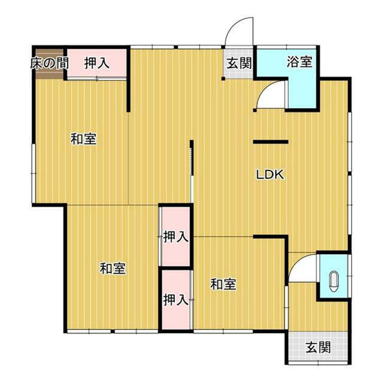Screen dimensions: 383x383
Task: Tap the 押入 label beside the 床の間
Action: [x=96, y=63]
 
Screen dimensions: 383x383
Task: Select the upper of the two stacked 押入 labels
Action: [x=175, y=237]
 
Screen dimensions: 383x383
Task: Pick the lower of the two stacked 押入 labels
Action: [x=175, y=300]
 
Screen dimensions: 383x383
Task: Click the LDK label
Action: [x=270, y=174]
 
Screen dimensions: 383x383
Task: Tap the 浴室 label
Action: [x=300, y=62]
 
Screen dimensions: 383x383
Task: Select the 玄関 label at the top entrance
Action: [x=239, y=64]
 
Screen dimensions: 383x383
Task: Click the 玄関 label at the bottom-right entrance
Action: [x=318, y=348]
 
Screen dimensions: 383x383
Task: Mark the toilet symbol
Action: [x=334, y=282]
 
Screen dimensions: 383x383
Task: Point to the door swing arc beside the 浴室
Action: [x=271, y=94]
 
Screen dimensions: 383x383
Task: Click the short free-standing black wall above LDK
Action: [x=270, y=142]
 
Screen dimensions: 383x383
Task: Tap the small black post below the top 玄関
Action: [x=223, y=78]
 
